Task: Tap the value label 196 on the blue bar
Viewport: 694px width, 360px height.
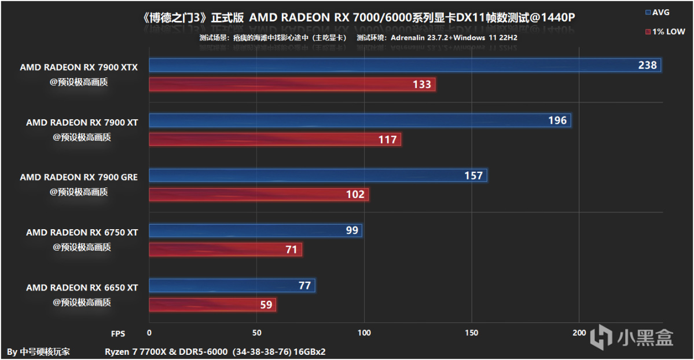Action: (x=557, y=120)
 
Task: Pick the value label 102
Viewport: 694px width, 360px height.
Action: (x=355, y=194)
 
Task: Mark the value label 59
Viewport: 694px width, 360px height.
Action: (x=266, y=304)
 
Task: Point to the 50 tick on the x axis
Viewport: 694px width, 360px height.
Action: (x=257, y=333)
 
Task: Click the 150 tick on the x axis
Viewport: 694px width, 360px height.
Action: (x=472, y=333)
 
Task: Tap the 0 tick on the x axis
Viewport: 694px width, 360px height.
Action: (x=149, y=333)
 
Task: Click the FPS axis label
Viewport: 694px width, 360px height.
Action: (x=118, y=333)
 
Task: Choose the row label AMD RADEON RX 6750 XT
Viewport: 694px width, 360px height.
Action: (x=82, y=233)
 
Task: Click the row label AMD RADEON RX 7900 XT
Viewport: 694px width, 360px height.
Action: (x=82, y=123)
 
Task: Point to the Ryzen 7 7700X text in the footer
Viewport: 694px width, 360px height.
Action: (x=133, y=351)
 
